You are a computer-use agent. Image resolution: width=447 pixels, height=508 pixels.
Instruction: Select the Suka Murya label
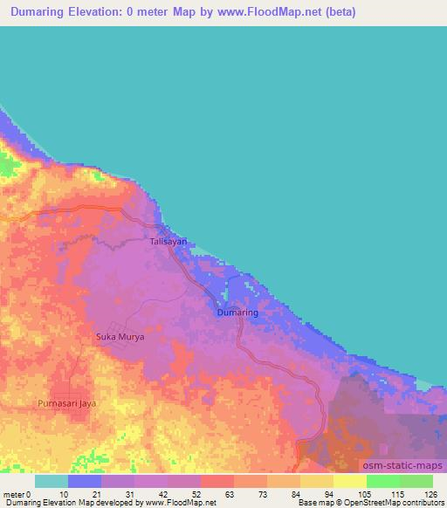pos(119,336)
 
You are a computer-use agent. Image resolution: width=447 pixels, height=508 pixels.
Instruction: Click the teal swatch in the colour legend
pos(52,481)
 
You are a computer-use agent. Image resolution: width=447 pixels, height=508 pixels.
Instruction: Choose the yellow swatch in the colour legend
pos(349,481)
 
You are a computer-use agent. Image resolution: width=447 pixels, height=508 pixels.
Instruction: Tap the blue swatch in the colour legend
pos(85,481)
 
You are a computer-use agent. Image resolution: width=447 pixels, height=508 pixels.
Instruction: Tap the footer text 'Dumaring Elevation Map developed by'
pos(63,503)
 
